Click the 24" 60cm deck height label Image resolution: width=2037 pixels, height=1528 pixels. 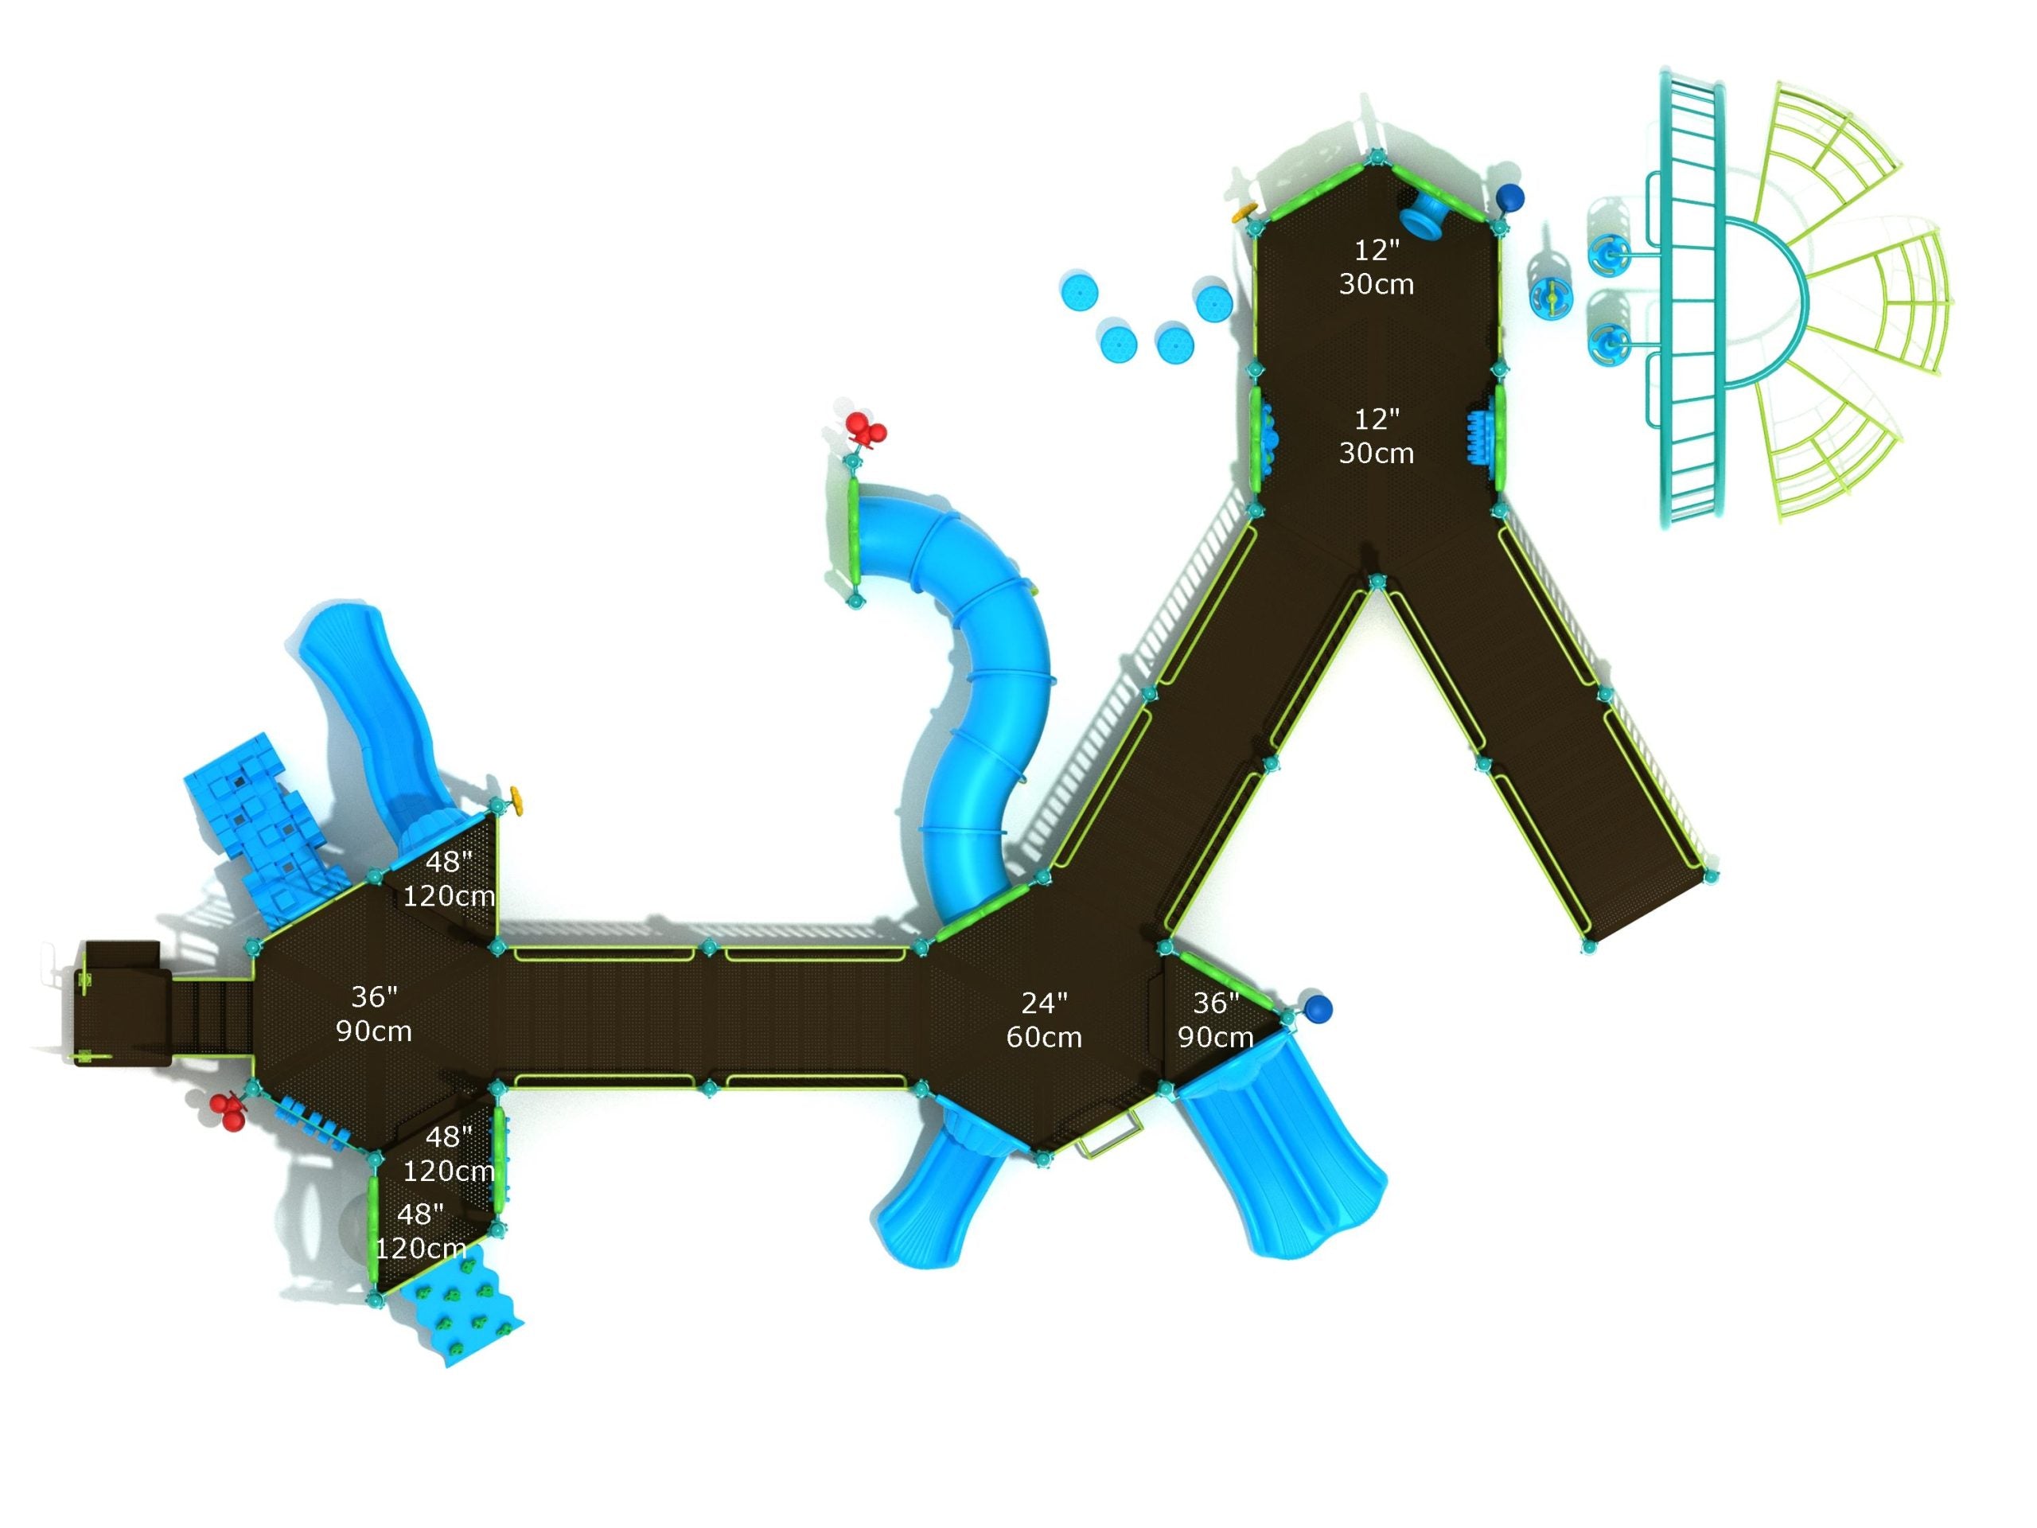[x=1043, y=1019]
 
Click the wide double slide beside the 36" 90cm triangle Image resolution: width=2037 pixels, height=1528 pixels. [x=1280, y=1152]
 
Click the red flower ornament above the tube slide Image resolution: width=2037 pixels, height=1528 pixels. [x=866, y=430]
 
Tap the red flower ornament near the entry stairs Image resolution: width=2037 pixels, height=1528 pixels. [x=228, y=1111]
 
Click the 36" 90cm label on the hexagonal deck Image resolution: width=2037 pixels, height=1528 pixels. [x=374, y=1013]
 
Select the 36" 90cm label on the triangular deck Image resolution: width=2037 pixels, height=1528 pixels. [x=1216, y=1019]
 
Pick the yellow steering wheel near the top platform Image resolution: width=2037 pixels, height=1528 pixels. [x=1244, y=212]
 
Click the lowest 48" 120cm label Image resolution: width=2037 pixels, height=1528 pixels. [x=421, y=1230]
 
